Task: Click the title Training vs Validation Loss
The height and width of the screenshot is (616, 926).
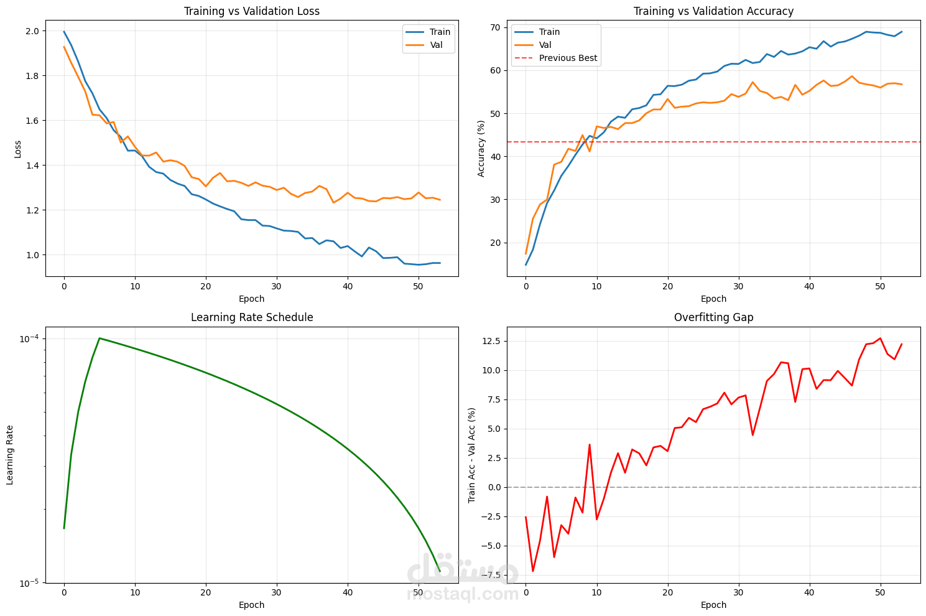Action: (252, 11)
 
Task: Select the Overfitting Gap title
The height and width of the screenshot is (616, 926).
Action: (713, 317)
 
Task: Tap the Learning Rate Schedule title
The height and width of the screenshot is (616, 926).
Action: (252, 317)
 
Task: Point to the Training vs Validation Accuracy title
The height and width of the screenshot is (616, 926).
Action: (713, 11)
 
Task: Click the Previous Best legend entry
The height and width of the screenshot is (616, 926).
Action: (568, 58)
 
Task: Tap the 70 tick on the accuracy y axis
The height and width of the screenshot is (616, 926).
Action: (496, 27)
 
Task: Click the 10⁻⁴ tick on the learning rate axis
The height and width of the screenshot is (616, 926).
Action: (29, 338)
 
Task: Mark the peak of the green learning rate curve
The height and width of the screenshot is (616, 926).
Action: (100, 338)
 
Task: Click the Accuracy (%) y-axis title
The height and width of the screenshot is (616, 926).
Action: (481, 149)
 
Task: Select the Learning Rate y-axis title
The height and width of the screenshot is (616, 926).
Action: (10, 455)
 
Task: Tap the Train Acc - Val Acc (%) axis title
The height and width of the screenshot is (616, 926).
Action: (471, 455)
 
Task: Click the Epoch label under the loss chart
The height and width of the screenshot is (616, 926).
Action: (252, 299)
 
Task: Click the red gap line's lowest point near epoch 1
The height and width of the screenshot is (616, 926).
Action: (533, 571)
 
